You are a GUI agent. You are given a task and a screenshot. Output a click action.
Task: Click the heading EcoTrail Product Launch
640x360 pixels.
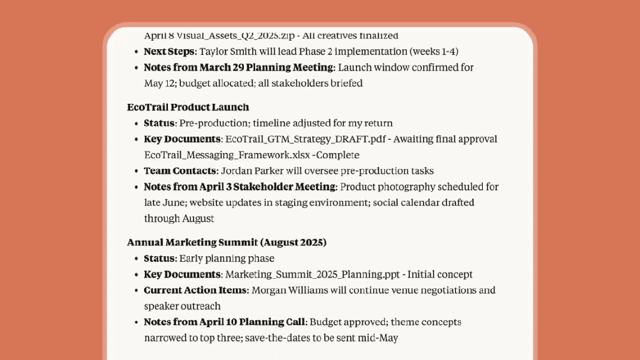pyautogui.click(x=187, y=107)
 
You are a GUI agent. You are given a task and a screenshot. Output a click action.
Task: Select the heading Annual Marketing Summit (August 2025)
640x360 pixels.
pyautogui.click(x=227, y=243)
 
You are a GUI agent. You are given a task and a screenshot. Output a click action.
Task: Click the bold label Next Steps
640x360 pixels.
pyautogui.click(x=169, y=52)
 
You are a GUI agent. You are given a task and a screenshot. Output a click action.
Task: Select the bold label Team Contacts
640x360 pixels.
pyautogui.click(x=182, y=171)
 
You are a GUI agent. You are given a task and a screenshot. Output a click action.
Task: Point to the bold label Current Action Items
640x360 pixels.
pyautogui.click(x=195, y=291)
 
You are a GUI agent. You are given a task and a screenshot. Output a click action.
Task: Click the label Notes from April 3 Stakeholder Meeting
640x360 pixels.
pyautogui.click(x=240, y=187)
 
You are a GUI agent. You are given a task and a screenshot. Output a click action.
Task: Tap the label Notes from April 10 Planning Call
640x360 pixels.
pyautogui.click(x=224, y=322)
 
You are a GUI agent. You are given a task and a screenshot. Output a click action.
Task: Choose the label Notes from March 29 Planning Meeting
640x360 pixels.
pyautogui.click(x=238, y=68)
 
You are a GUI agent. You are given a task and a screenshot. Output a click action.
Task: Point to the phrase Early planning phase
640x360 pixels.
pyautogui.click(x=227, y=259)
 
